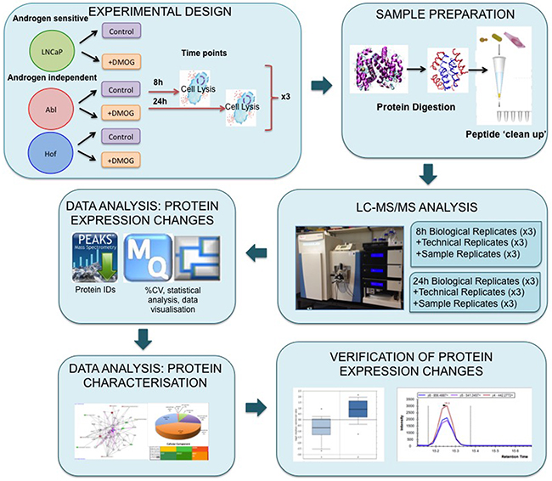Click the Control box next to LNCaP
click(121, 31)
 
